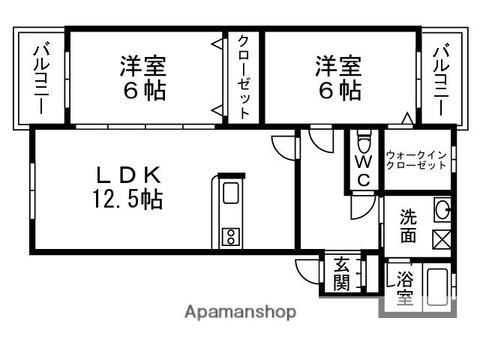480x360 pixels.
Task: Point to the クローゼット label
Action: (x=244, y=76)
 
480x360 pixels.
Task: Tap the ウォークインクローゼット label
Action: (x=416, y=160)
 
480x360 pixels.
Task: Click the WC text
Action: (x=363, y=170)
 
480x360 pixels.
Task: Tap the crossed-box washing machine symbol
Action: (x=442, y=240)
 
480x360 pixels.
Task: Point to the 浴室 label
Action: (x=405, y=288)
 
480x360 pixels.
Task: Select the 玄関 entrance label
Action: (x=341, y=274)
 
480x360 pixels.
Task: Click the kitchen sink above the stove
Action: (x=230, y=193)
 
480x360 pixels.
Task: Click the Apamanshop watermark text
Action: (x=240, y=312)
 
